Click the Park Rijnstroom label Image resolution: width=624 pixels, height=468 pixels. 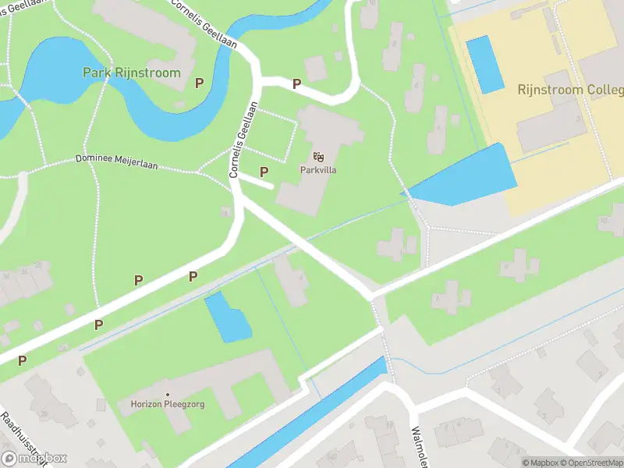tap(131, 73)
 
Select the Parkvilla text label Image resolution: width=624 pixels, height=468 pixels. tap(317, 169)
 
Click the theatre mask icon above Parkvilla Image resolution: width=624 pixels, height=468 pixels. tap(318, 156)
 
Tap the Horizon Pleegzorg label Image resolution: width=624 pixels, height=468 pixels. tap(167, 404)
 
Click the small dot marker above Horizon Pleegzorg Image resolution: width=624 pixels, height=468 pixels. tap(167, 393)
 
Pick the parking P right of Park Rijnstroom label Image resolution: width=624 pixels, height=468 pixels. tap(200, 82)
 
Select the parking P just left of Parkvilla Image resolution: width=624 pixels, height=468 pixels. tap(264, 172)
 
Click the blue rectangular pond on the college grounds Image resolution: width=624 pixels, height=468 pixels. tap(485, 64)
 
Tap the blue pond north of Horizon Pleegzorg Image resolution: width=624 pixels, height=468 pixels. tap(227, 317)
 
